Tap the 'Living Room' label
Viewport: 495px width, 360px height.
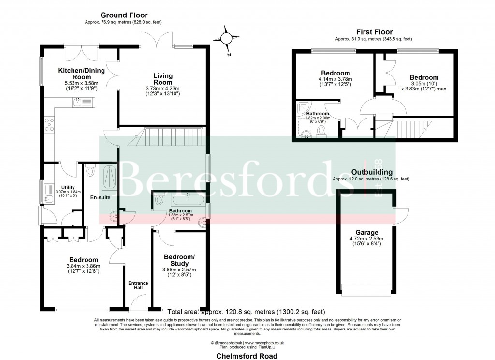tap(163, 79)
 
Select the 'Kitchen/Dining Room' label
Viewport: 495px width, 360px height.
tap(74, 74)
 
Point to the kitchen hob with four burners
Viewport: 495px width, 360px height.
tap(49, 125)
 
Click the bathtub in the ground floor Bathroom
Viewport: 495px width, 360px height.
tap(179, 199)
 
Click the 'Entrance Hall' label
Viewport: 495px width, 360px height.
tap(138, 285)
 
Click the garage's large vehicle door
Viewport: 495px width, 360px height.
tap(365, 289)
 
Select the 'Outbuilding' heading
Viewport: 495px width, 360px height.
tap(371, 172)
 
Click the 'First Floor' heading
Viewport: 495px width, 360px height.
tap(374, 32)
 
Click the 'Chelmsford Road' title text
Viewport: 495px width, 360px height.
tap(247, 355)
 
